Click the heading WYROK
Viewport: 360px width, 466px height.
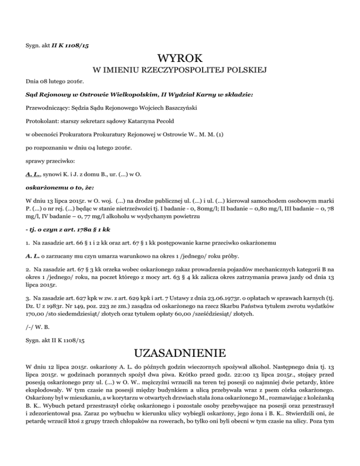(x=180, y=59)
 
